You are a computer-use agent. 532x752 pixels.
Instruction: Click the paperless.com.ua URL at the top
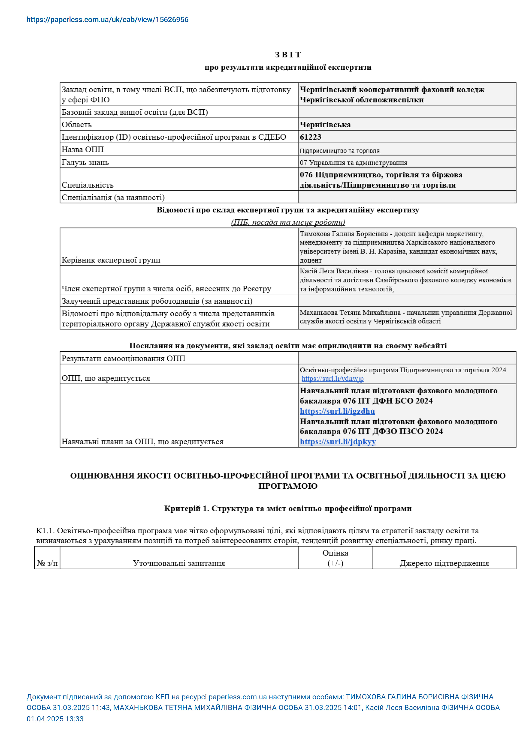[108, 20]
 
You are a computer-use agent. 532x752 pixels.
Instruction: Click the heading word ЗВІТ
[288, 55]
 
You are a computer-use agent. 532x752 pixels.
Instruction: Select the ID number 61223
[310, 137]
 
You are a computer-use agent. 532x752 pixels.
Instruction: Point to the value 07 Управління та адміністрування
[353, 163]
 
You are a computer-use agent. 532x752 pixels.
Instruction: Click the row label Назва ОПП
[83, 150]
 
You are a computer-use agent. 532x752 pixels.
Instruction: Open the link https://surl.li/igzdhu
[337, 411]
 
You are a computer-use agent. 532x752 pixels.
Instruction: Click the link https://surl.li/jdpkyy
[338, 442]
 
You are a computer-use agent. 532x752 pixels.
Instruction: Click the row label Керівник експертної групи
[111, 260]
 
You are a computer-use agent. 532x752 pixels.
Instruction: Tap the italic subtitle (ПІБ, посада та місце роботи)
[288, 222]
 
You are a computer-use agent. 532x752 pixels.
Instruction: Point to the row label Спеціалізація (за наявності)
[113, 197]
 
